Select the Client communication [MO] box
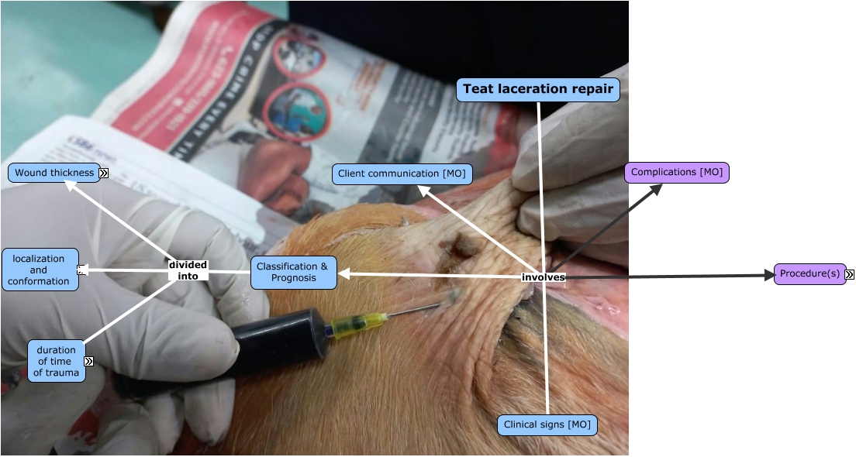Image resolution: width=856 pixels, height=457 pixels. click(402, 174)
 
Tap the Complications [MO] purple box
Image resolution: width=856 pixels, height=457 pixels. click(677, 173)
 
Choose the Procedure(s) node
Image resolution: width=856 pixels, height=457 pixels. click(809, 274)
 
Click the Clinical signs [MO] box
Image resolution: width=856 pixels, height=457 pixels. click(547, 424)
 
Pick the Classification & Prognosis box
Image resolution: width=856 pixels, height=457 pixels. click(293, 273)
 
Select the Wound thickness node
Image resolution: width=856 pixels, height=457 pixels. click(54, 173)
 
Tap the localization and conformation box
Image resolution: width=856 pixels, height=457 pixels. click(40, 270)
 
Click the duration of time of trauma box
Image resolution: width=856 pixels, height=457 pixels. click(56, 361)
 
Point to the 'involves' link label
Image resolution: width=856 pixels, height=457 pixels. click(544, 277)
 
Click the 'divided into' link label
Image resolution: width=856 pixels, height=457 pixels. click(188, 270)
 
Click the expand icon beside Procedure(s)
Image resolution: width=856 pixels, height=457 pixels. click(850, 274)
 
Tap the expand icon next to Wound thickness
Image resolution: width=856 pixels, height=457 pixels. click(103, 174)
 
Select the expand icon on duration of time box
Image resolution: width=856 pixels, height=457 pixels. click(88, 361)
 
